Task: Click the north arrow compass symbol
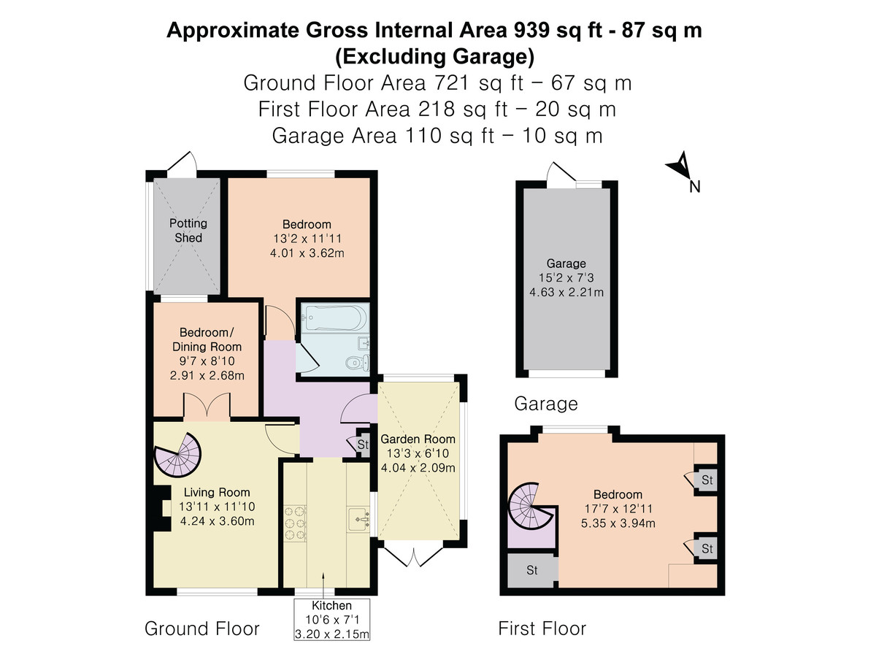point(680,166)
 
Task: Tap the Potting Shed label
point(188,231)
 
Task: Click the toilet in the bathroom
point(358,363)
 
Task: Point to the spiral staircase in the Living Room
point(178,455)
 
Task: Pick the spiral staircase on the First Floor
point(531,506)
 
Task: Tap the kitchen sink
point(358,519)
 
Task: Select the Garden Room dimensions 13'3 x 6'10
point(418,453)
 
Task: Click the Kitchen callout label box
point(332,620)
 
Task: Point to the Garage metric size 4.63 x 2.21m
point(566,292)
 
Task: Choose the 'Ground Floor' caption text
point(202,629)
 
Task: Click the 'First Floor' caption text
point(542,629)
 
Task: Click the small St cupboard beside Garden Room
point(362,444)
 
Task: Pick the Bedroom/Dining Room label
point(207,339)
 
